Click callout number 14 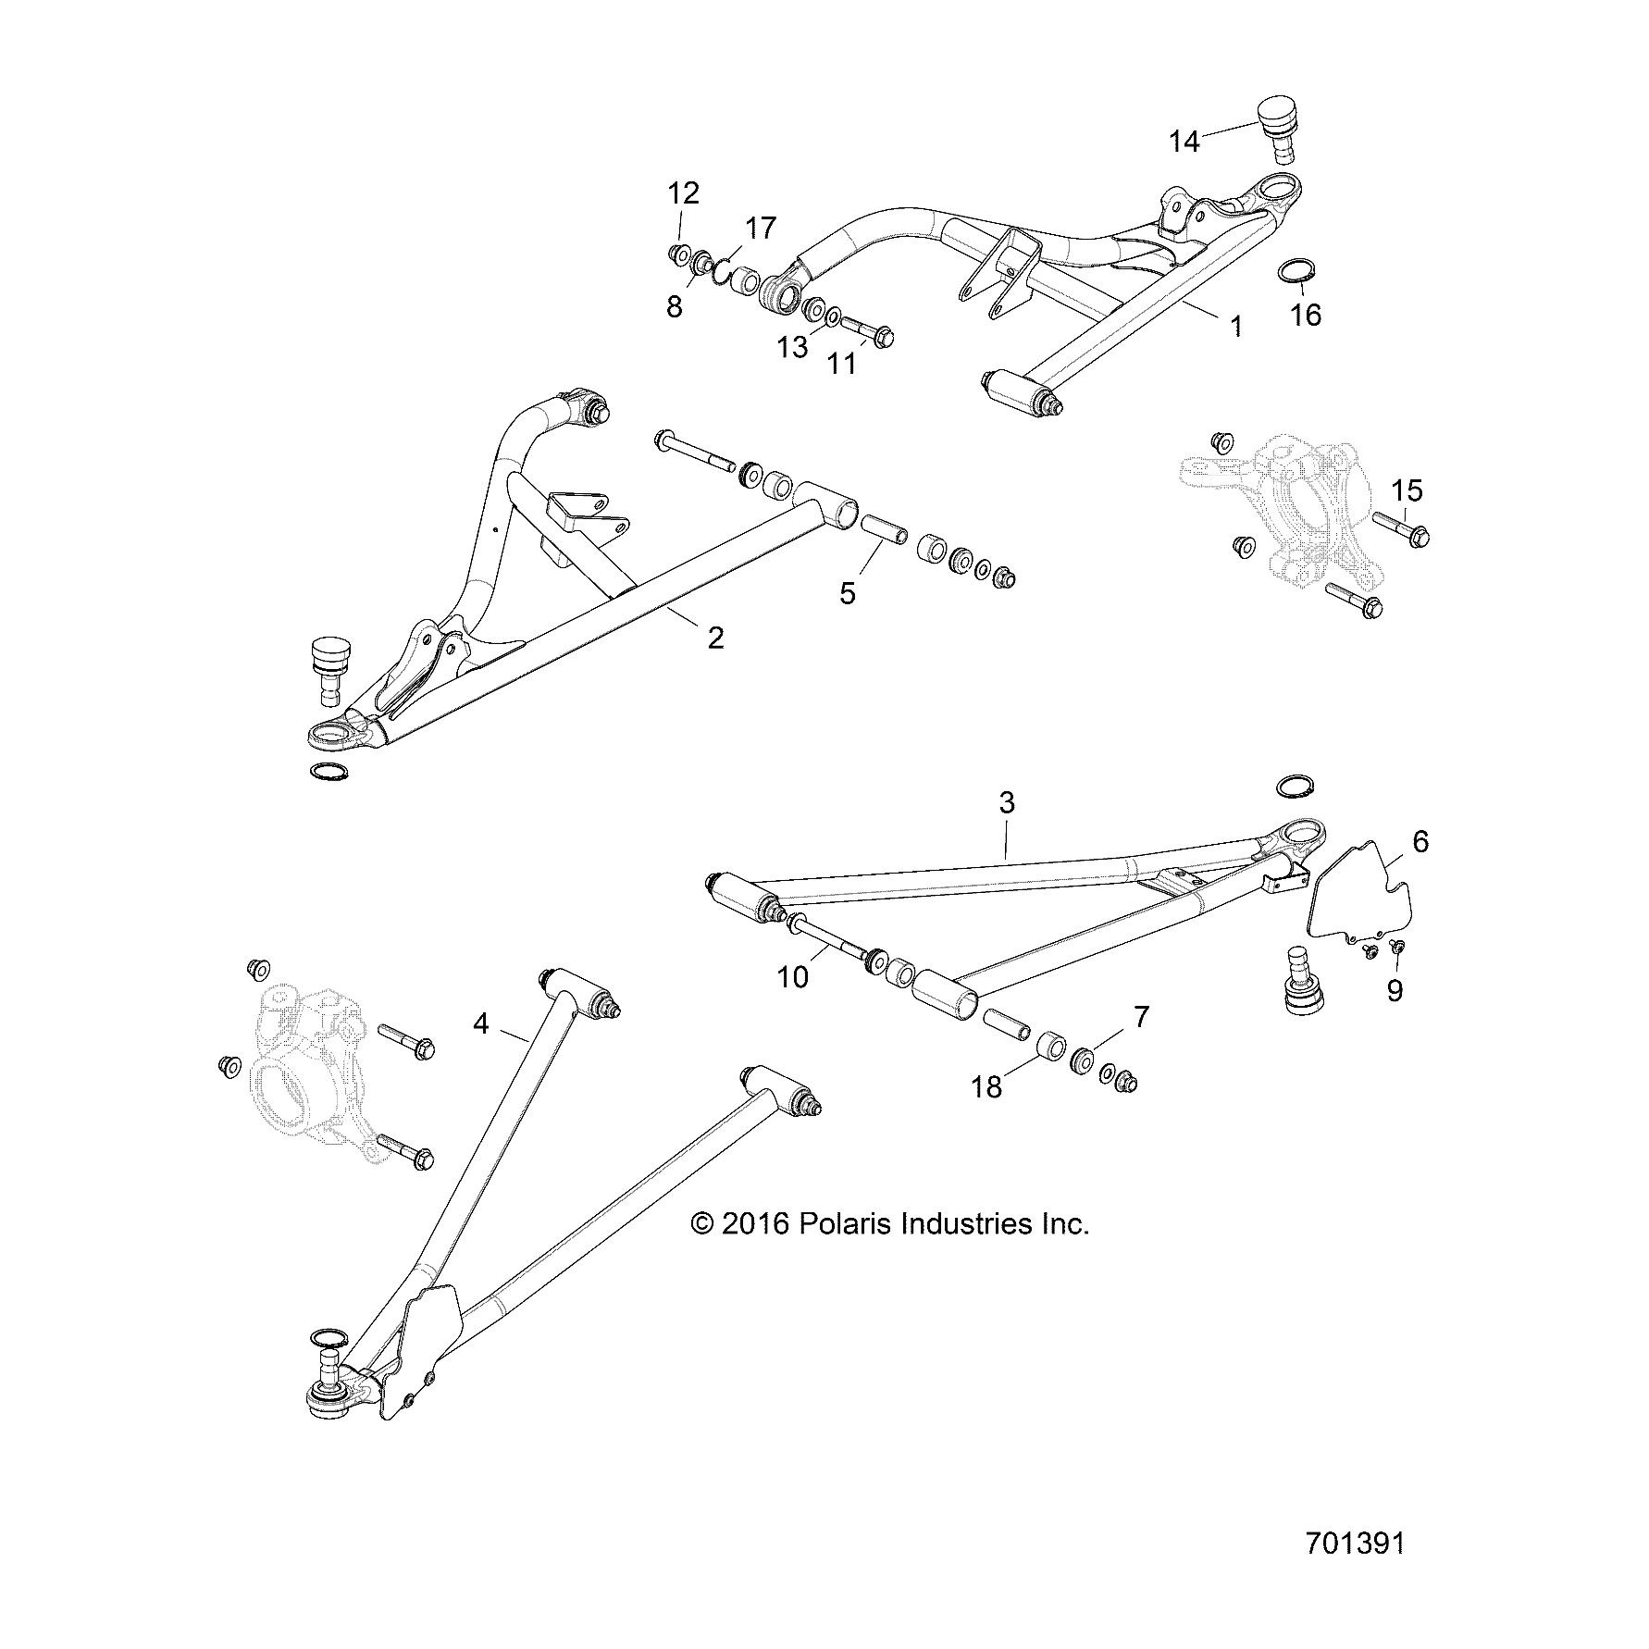tap(1184, 142)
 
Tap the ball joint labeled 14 tap(1278, 130)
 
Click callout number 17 tap(761, 228)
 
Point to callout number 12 tap(684, 193)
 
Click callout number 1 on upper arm tap(1236, 326)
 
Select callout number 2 tap(715, 638)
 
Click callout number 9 tap(1395, 991)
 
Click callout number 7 tap(1141, 1018)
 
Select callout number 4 tap(480, 1023)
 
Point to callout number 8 tap(675, 306)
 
